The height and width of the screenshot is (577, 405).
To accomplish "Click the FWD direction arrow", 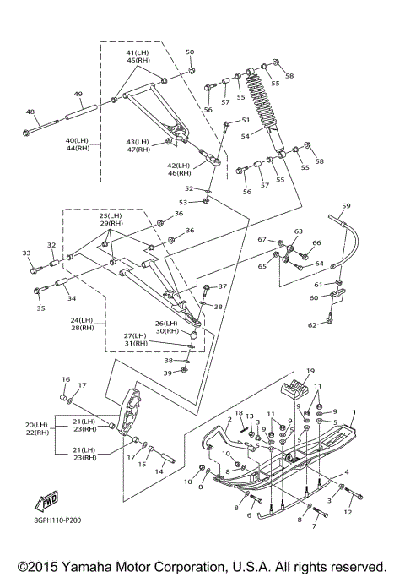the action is click(x=46, y=501).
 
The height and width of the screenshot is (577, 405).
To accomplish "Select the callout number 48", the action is click(x=30, y=112).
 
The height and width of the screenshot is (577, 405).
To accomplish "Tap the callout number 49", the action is click(x=78, y=95).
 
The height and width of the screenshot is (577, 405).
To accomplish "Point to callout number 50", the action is click(x=190, y=52).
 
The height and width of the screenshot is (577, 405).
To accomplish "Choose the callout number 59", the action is click(x=346, y=206).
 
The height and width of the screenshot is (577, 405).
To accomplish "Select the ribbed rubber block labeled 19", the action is click(x=296, y=389).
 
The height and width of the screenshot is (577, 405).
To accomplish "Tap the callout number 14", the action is click(x=159, y=471).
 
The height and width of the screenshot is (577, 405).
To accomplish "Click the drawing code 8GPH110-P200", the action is click(x=58, y=520).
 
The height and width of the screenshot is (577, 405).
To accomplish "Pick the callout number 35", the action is click(x=40, y=308).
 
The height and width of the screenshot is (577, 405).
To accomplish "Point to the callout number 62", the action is click(x=312, y=325).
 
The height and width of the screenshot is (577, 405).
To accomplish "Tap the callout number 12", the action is click(x=348, y=512).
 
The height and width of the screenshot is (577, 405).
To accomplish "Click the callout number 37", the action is click(x=223, y=286).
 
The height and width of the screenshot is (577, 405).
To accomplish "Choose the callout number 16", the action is click(x=66, y=379).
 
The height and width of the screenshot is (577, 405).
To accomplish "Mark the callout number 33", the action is click(x=26, y=253).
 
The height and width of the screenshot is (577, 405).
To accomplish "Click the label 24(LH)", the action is click(x=82, y=320).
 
